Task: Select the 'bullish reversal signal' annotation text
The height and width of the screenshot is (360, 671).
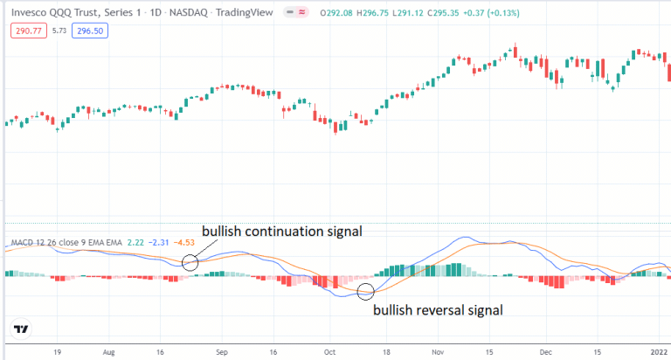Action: pos(439,309)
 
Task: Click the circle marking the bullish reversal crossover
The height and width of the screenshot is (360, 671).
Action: pos(366,292)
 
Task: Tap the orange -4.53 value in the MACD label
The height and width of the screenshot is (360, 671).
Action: pos(184,242)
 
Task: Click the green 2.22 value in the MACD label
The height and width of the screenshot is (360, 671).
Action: pos(135,242)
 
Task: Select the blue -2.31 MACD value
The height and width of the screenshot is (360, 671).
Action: pos(159,242)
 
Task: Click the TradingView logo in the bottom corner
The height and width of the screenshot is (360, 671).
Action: pos(21,329)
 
